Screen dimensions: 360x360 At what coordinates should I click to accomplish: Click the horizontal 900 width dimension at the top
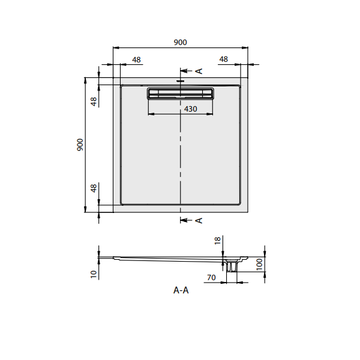click(x=180, y=42)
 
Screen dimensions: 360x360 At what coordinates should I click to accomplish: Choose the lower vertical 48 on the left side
click(x=94, y=188)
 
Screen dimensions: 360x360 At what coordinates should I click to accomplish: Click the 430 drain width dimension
click(x=190, y=109)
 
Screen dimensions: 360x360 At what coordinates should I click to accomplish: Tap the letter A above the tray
click(x=199, y=71)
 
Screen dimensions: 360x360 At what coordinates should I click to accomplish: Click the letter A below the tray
click(x=199, y=220)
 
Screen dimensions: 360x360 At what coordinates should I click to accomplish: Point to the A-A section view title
click(x=181, y=290)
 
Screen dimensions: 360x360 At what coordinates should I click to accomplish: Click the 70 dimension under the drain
click(x=211, y=278)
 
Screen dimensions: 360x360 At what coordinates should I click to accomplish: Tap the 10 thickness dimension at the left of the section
click(x=94, y=274)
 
